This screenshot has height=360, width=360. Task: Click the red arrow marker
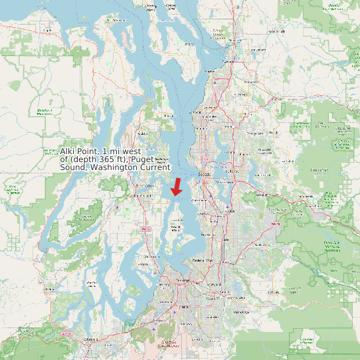(x=176, y=187)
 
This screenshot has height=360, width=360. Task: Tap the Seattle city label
(x=205, y=175)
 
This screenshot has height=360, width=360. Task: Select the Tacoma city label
(x=184, y=282)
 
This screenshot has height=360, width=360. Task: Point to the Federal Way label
(x=202, y=260)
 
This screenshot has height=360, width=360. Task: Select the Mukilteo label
(x=210, y=70)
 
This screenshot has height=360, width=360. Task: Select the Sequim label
(x=47, y=30)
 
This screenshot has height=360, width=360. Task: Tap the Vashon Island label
(x=176, y=228)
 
